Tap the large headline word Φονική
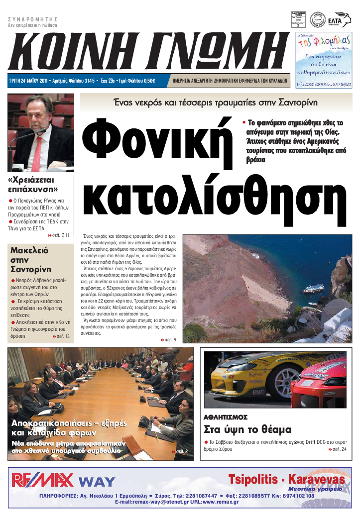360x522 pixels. coord(158,142)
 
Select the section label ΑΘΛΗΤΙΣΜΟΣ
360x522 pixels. coord(226,417)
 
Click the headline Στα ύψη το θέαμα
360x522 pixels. coord(247,429)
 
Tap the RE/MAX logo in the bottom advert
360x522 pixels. coord(43,480)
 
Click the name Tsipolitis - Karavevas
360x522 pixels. coord(286,480)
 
